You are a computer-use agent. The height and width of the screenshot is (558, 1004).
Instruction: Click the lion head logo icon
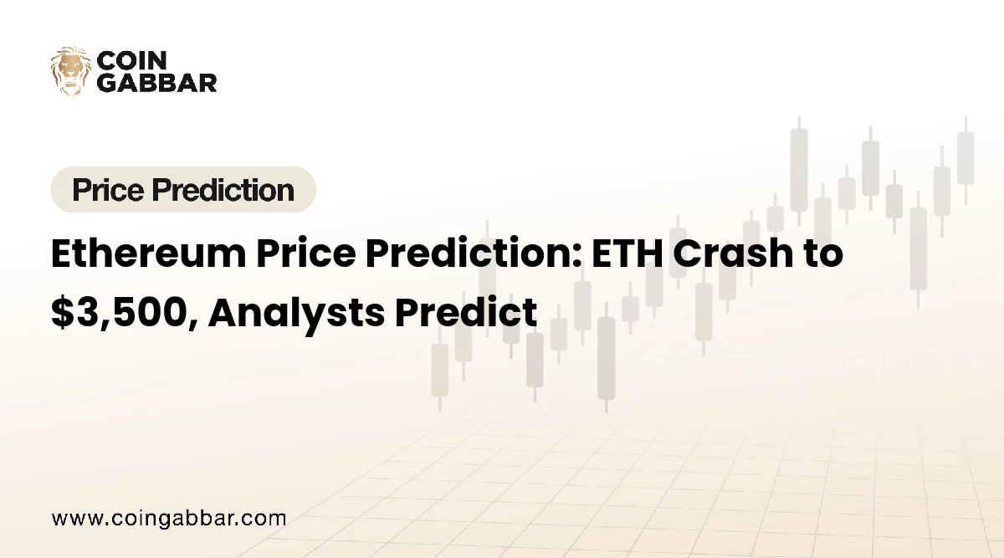coord(70,70)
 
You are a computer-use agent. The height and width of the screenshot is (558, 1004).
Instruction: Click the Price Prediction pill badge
coord(183,190)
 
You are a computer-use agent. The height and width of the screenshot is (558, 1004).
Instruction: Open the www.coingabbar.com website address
coord(169,518)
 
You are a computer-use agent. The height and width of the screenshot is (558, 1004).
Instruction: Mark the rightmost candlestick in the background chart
coord(966,159)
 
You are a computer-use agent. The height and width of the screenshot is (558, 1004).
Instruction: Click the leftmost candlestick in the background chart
coord(439,368)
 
